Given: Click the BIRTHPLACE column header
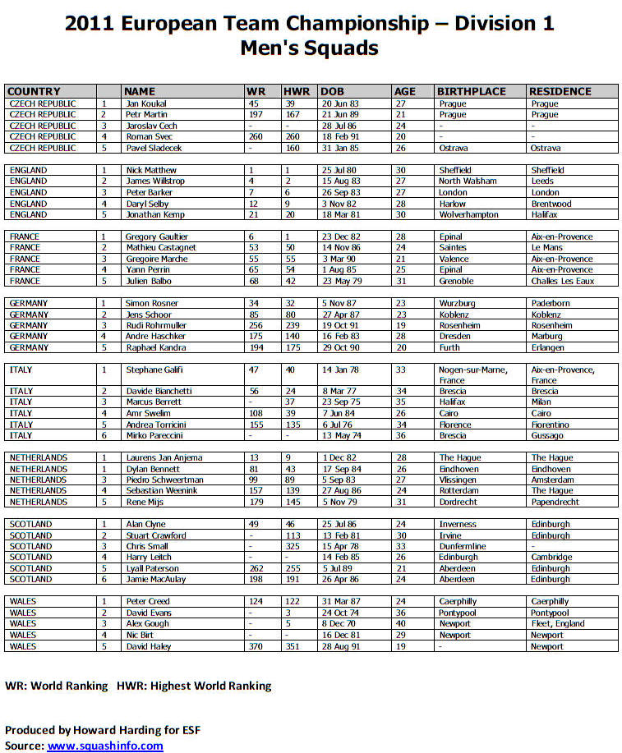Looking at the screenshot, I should pyautogui.click(x=471, y=91).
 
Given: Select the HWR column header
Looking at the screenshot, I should pyautogui.click(x=296, y=91).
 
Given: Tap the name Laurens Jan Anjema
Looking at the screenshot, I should pyautogui.click(x=163, y=457).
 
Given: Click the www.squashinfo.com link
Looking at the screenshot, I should pyautogui.click(x=105, y=746).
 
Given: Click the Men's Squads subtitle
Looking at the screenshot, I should pyautogui.click(x=309, y=48).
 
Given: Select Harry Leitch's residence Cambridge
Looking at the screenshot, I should pyautogui.click(x=551, y=557).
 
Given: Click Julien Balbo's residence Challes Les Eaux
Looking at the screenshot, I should pyautogui.click(x=562, y=281).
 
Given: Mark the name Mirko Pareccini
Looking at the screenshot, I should pyautogui.click(x=154, y=435).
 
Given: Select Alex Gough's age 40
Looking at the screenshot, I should pyautogui.click(x=400, y=623).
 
